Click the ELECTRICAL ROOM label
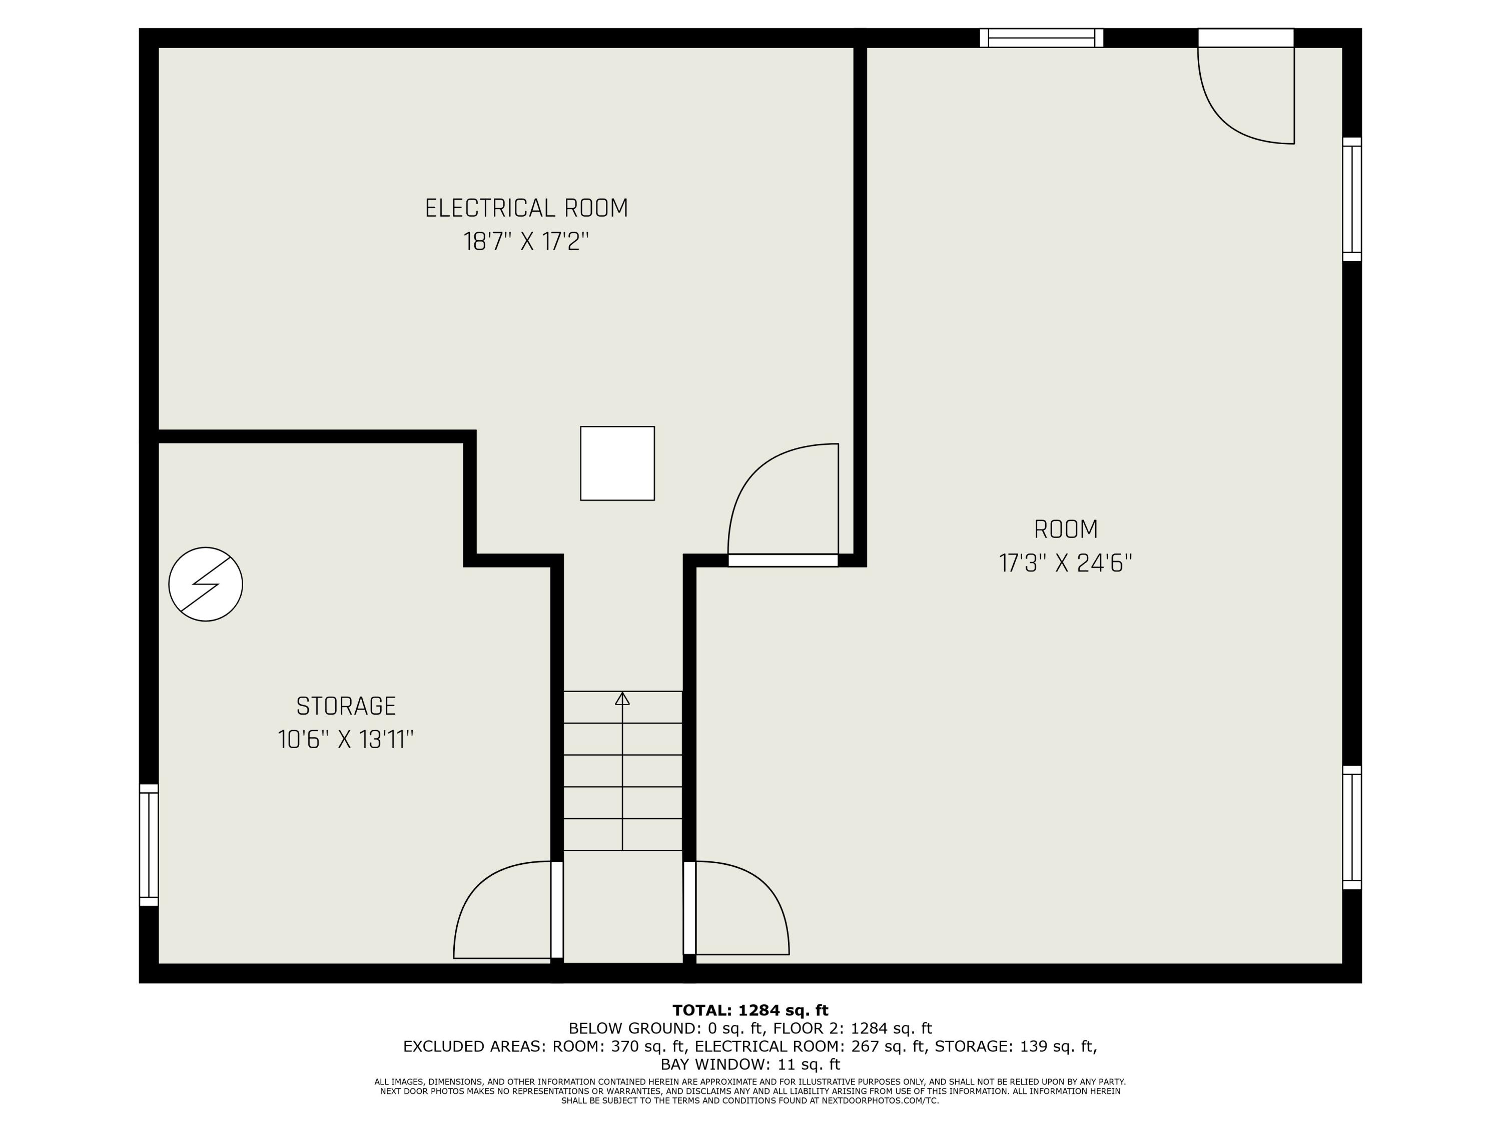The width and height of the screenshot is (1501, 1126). pyautogui.click(x=526, y=208)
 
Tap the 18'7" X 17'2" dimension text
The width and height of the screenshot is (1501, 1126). pyautogui.click(x=526, y=242)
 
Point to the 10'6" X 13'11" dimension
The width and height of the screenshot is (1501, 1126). pyautogui.click(x=346, y=739)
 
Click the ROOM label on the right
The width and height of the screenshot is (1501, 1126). pyautogui.click(x=1066, y=529)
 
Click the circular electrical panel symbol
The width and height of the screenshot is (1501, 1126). pyautogui.click(x=206, y=585)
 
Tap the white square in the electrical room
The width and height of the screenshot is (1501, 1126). pyautogui.click(x=617, y=463)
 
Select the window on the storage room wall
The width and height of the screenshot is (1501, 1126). pyautogui.click(x=149, y=845)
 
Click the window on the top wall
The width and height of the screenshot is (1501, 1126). pyautogui.click(x=1042, y=38)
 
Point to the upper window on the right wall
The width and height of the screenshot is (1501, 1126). pyautogui.click(x=1352, y=199)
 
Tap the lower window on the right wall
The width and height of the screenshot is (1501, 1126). pyautogui.click(x=1352, y=827)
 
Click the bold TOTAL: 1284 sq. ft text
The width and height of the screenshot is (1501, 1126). pyautogui.click(x=750, y=1010)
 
